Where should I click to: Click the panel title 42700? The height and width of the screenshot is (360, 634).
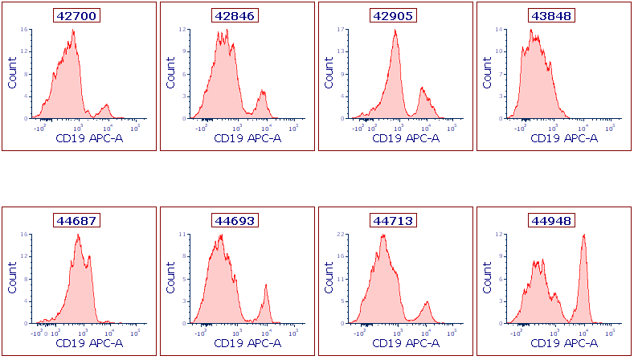(78, 15)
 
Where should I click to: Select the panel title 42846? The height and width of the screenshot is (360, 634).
(236, 15)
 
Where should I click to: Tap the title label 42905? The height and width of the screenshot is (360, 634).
(395, 15)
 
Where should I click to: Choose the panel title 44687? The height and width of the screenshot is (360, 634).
(78, 220)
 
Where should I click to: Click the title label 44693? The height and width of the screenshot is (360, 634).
(236, 220)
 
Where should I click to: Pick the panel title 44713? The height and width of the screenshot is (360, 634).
(395, 220)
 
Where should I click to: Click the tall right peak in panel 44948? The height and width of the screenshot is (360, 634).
(584, 236)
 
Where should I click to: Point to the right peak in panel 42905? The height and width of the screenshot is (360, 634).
(423, 89)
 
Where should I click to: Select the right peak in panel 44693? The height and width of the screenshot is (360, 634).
(266, 286)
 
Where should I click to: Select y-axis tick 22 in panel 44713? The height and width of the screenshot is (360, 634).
(341, 235)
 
